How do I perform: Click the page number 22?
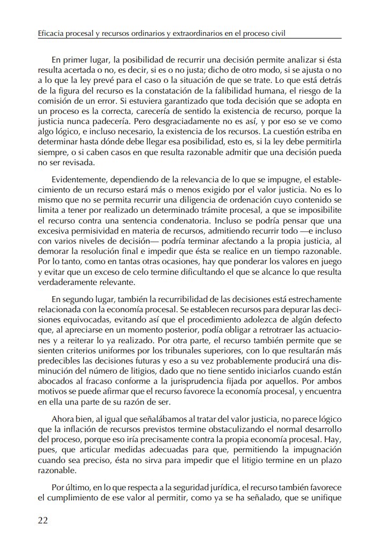click(x=43, y=521)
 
